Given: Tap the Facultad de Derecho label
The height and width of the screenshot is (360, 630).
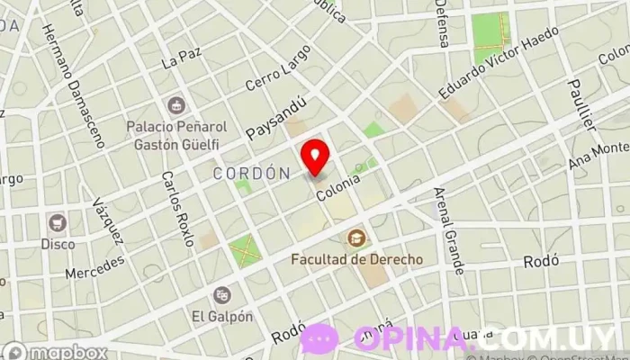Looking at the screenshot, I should pos(357,259).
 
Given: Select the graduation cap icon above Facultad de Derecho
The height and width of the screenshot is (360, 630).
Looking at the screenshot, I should pos(358,238).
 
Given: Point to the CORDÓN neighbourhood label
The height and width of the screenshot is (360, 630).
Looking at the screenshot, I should pos(251,172).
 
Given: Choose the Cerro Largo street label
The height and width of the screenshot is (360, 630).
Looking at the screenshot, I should pos(271,87).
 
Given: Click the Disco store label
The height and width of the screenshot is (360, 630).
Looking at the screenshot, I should pos(58,243).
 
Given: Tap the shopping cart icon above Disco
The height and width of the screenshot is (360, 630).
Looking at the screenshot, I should pos(58,221).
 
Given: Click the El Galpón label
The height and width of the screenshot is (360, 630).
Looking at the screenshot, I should pos(216,316).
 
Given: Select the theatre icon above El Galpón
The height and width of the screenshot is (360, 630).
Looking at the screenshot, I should pos(221,294).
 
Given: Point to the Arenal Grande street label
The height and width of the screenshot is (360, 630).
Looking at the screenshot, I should pos(447,230).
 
